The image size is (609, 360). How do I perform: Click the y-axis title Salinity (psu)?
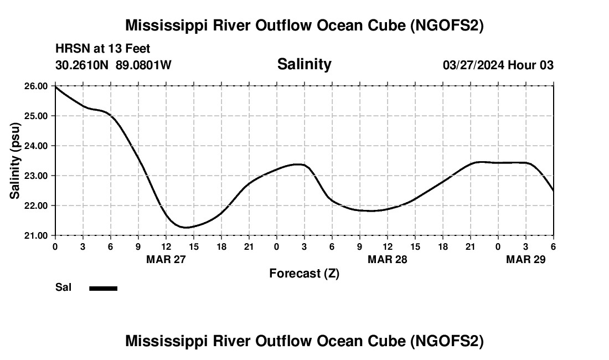(15, 161)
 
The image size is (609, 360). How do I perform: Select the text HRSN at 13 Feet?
(102, 49)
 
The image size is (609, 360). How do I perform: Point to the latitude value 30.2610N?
(83, 65)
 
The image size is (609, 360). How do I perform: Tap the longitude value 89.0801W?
(143, 65)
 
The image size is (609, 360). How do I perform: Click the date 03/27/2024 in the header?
(473, 65)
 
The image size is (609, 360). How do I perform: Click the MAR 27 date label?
(166, 259)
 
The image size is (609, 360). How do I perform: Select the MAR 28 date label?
(388, 259)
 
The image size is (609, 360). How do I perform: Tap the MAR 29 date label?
(526, 259)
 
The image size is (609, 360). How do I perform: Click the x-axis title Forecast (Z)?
(304, 273)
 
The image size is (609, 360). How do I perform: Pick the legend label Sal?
(63, 287)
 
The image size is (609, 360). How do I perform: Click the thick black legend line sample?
(104, 288)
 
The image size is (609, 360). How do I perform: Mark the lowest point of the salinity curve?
(187, 227)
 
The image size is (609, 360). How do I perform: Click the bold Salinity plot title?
(304, 64)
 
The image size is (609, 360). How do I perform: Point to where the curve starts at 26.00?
(55, 86)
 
